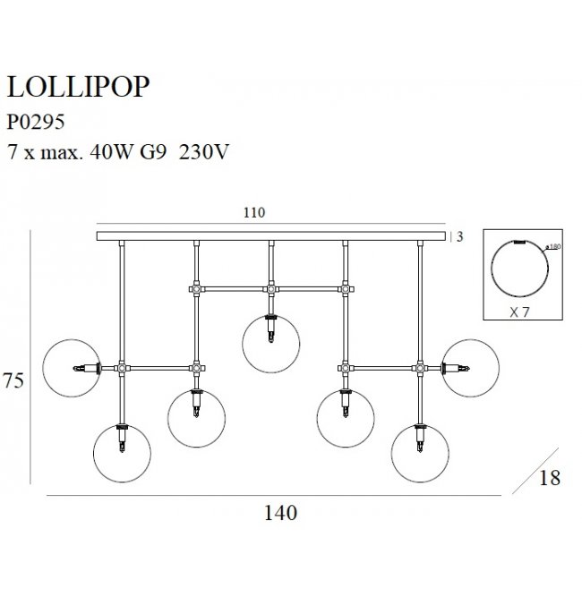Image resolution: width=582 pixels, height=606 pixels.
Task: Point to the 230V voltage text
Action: pos(205,152)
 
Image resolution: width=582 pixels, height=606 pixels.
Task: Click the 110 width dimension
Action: pos(255,213)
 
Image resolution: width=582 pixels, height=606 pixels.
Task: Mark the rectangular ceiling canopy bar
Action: pos(270,236)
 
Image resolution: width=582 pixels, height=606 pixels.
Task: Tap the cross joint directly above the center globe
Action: pos(270,288)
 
